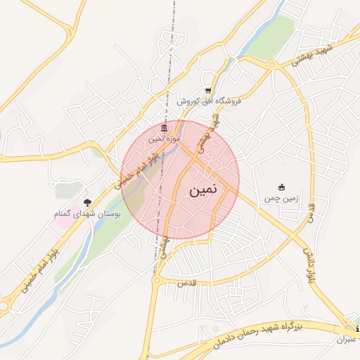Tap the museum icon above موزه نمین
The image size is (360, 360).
point(165,128)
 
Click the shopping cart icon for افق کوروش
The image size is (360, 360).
point(208,91)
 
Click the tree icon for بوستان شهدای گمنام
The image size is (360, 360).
point(87,202)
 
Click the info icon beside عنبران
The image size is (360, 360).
point(357,329)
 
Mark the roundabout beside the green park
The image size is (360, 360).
point(271,65)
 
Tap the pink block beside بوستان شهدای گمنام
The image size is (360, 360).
point(62,220)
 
